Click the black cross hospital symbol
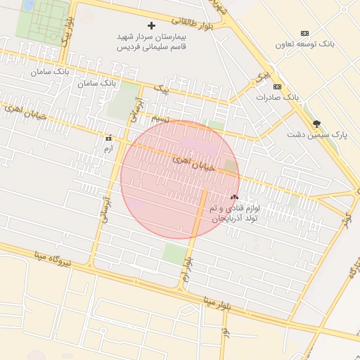click(151, 25)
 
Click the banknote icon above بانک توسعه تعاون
click(304, 33)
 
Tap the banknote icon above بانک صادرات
click(278, 86)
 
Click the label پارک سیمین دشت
click(318, 134)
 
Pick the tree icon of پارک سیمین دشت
click(318, 123)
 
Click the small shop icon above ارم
click(108, 139)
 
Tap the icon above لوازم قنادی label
click(234, 198)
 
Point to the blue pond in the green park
click(28, 6)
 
